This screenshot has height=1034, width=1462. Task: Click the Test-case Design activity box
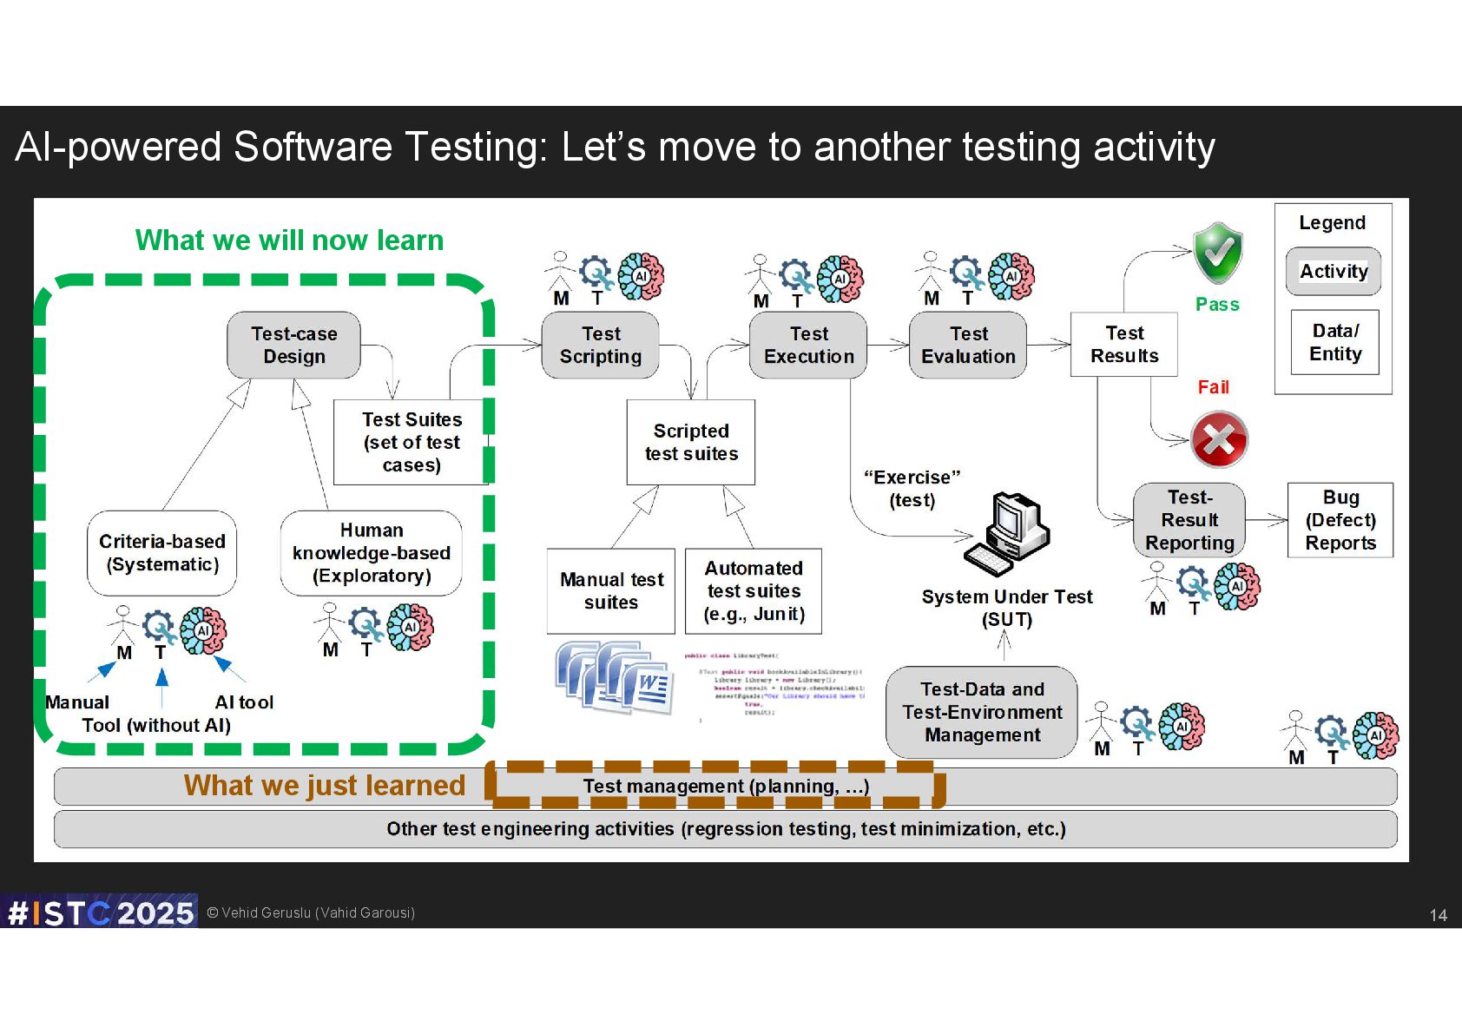(293, 346)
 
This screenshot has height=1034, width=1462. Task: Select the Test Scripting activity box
(600, 346)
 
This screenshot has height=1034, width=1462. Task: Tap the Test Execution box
(808, 346)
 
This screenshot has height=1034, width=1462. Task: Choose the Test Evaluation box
(968, 346)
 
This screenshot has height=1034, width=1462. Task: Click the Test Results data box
(1124, 345)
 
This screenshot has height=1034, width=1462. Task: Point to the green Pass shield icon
(1218, 253)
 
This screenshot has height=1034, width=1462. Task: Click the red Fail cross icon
(1219, 439)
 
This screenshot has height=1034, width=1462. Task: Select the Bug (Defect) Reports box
(1340, 520)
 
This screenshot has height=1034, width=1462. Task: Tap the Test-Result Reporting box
(1189, 520)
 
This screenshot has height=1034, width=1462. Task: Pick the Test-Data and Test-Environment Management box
(982, 712)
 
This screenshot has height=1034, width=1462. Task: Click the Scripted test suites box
(691, 442)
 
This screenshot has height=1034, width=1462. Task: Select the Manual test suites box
(611, 590)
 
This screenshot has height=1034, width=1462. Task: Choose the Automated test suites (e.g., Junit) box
(754, 590)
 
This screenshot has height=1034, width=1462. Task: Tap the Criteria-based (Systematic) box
(162, 553)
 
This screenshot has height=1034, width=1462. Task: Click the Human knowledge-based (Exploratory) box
(371, 553)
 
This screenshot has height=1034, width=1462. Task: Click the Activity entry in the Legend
(1334, 272)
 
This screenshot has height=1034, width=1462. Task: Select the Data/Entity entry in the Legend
(1335, 342)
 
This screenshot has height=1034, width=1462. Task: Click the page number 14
(1438, 915)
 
